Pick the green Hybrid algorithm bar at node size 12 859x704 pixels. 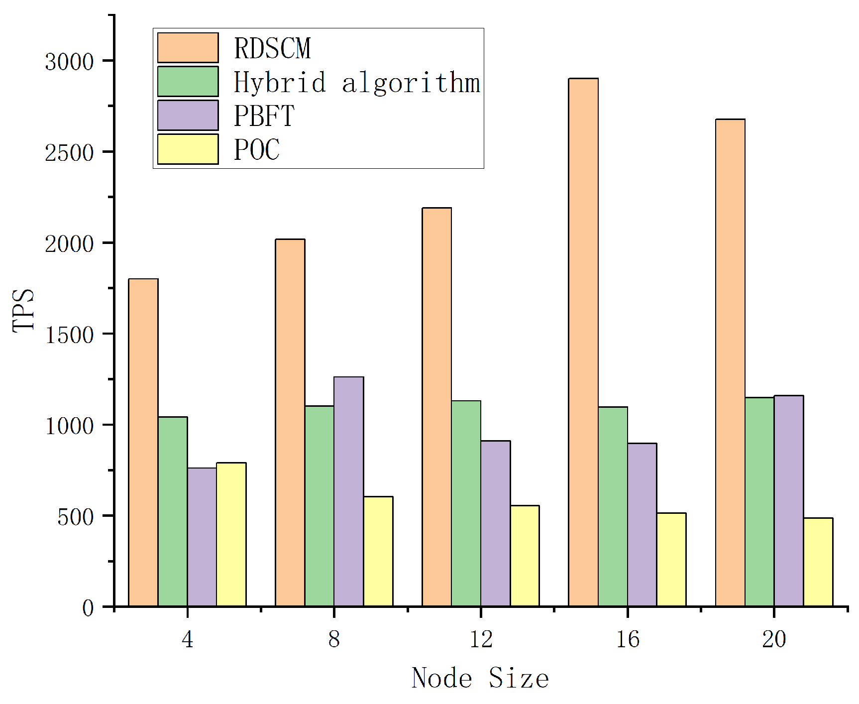[466, 503]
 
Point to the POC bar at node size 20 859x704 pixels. [818, 562]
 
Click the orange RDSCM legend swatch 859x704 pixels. [188, 48]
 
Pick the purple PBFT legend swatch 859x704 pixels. [188, 115]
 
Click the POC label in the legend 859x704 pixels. [257, 149]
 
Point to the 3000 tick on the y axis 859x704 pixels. [69, 62]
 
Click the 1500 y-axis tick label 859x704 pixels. [69, 335]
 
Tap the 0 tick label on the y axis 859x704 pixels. [88, 608]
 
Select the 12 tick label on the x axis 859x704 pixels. [481, 639]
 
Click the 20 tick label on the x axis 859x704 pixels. [774, 639]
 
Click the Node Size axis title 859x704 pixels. [480, 678]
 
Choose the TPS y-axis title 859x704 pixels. [24, 310]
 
